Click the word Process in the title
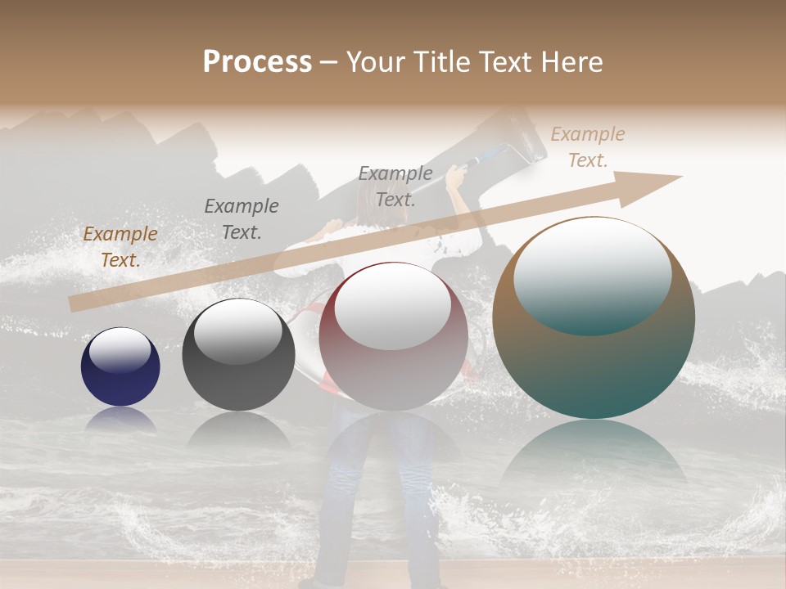[x=257, y=62]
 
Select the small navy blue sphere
[x=120, y=367]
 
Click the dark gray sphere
[x=238, y=355]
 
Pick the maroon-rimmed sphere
[x=394, y=337]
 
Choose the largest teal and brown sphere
[x=594, y=317]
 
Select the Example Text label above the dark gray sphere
[x=242, y=219]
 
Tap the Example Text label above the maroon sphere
[x=395, y=186]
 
